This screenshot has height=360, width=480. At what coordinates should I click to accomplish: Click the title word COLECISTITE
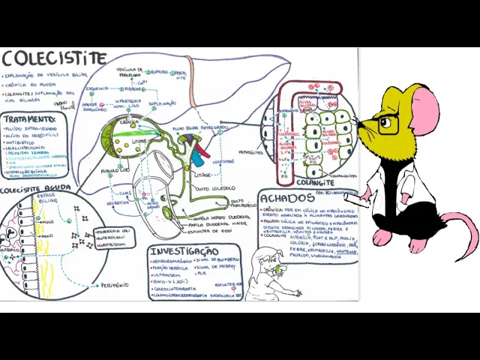click(x=54, y=58)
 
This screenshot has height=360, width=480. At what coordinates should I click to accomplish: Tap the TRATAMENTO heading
click(x=29, y=118)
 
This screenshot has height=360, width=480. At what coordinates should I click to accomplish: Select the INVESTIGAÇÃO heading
click(x=184, y=251)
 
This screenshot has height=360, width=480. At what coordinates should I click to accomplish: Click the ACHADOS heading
click(x=286, y=198)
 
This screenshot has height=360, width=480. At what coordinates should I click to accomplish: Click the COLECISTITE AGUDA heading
click(x=36, y=189)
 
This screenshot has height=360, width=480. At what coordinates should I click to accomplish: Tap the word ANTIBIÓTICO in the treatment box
click(x=22, y=142)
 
